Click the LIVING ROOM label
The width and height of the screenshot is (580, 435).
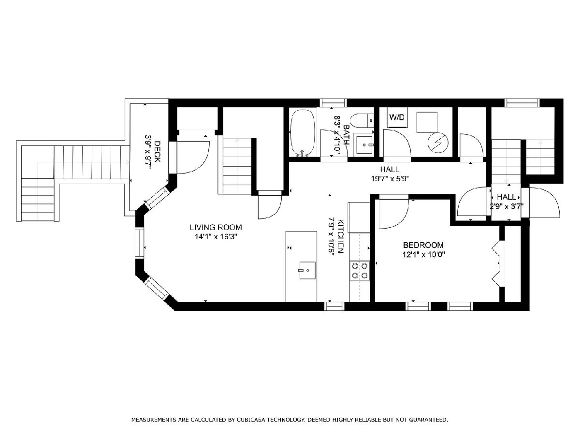point(216,227)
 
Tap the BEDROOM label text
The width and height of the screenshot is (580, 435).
point(423,245)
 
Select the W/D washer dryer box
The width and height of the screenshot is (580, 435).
point(397,117)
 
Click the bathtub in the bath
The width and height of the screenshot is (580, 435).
point(303,133)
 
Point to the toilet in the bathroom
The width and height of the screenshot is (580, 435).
point(362,120)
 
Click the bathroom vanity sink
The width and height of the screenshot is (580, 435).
point(364,145)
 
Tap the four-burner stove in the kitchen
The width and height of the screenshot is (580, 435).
point(360,271)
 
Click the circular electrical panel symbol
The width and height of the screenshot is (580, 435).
point(438,143)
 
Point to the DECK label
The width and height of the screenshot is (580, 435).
point(157,152)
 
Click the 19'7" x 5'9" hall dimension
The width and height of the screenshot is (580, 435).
point(390,179)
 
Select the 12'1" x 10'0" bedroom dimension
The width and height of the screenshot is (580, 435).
point(423,255)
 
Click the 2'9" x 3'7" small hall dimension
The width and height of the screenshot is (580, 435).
point(506,206)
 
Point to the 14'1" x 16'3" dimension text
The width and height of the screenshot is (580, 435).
point(216,237)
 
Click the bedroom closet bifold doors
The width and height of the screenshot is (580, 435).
point(496,263)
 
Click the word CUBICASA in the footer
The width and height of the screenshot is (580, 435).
point(251,420)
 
